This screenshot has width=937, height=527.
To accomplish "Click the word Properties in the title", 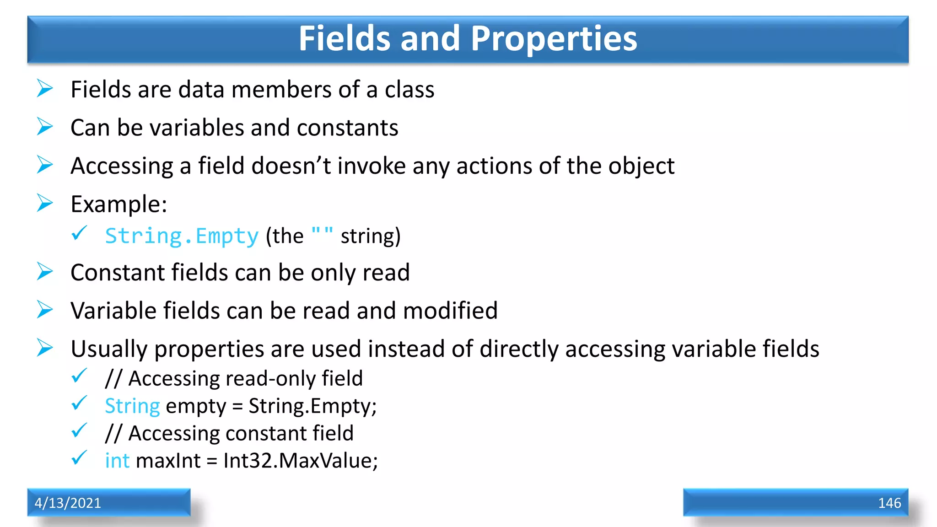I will tap(554, 38).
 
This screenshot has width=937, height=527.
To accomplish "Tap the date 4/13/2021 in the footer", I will tap(68, 503).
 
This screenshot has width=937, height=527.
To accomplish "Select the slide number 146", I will tap(889, 503).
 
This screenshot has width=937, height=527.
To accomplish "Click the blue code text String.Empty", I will tap(182, 236).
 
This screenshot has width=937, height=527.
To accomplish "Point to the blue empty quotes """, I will tap(322, 233).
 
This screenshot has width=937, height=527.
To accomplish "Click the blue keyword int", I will tap(117, 460).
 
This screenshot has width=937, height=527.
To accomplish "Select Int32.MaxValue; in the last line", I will tap(301, 460).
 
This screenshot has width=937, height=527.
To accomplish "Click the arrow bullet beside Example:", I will tap(45, 203).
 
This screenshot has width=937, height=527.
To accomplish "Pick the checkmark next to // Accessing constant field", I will tap(79, 430).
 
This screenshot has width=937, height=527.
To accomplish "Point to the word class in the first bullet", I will tap(409, 90).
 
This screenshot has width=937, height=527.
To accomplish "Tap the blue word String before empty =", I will tap(132, 406).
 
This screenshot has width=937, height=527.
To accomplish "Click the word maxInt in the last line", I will tap(168, 460).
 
